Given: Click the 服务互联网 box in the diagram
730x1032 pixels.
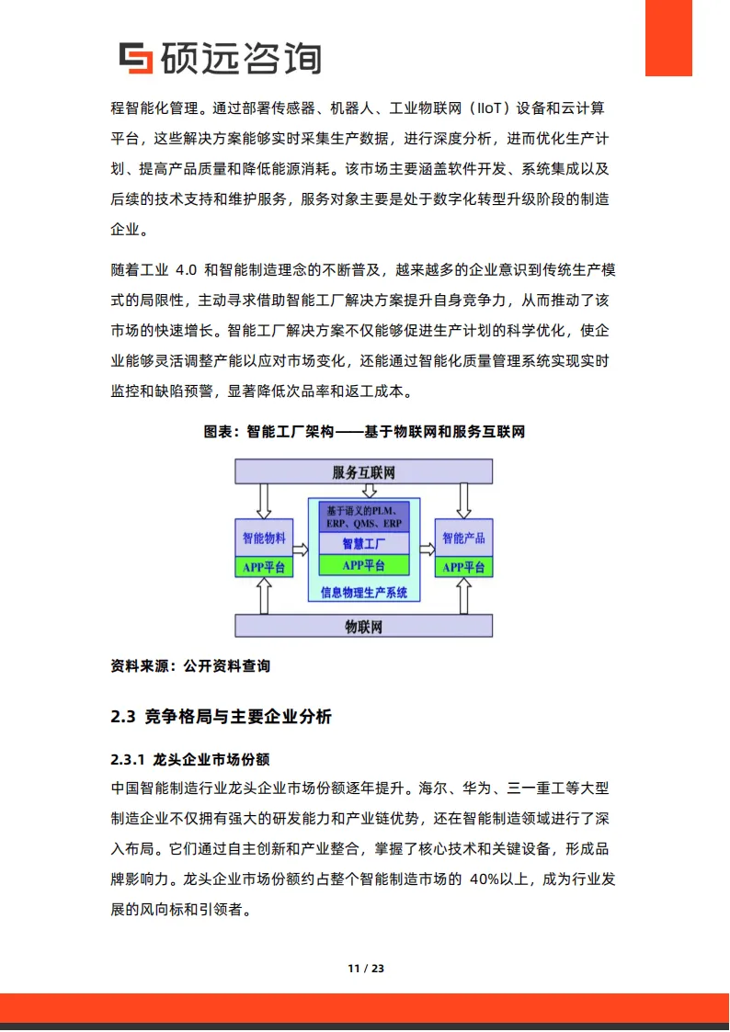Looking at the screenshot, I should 364,472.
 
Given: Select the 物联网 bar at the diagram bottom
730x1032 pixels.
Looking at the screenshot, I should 364,627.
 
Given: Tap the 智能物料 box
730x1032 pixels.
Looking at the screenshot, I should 264,539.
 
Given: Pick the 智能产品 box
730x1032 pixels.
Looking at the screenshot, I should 464,539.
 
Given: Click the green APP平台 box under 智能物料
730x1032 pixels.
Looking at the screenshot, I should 264,567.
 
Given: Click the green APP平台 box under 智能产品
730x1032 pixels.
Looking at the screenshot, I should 464,567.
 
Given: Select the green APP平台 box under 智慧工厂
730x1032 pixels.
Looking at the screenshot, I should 364,565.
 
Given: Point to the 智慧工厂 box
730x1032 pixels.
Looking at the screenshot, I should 364,544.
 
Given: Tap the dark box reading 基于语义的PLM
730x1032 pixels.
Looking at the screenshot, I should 364,516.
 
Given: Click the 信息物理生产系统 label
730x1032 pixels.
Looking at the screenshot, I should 364,593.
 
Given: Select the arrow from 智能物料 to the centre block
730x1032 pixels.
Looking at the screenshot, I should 300,549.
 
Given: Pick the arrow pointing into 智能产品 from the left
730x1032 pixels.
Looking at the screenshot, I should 428,549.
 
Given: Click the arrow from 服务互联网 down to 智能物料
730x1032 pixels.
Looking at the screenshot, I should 264,500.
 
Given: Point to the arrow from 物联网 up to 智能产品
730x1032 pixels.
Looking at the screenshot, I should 464,596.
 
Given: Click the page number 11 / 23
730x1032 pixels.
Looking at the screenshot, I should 365,969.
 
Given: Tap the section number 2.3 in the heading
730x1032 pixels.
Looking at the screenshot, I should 122,718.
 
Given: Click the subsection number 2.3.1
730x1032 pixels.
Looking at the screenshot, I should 128,761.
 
